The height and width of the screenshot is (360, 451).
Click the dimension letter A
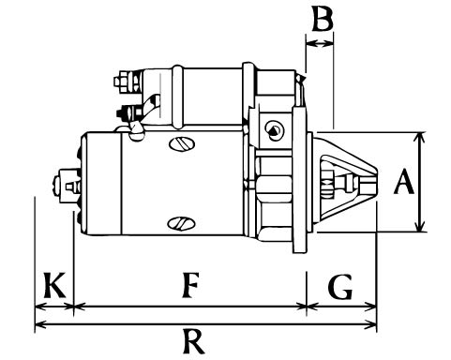[x=404, y=182]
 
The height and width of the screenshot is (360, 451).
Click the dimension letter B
[x=323, y=20]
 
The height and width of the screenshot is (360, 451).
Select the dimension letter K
[x=54, y=285]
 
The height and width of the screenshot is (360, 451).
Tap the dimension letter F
[x=190, y=285]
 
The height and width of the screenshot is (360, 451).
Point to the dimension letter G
[x=340, y=287]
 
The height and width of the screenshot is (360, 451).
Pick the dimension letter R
[x=194, y=341]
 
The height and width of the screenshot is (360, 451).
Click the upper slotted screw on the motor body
[x=182, y=143]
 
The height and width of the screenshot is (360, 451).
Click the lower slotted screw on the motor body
[x=181, y=223]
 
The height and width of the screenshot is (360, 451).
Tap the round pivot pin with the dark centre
[x=273, y=129]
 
